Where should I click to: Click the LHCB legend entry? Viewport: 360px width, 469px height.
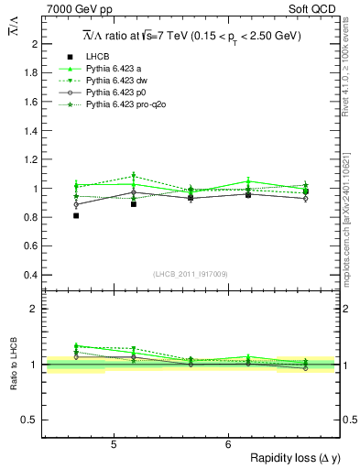coord(97,56)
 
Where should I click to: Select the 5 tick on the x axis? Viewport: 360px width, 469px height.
coord(113,445)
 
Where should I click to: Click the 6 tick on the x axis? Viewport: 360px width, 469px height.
coord(227,445)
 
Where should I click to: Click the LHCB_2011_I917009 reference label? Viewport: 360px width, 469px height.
coord(191,272)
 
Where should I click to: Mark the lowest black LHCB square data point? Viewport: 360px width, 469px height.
coord(76,215)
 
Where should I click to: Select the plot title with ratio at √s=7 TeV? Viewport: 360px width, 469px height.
coord(191,36)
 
